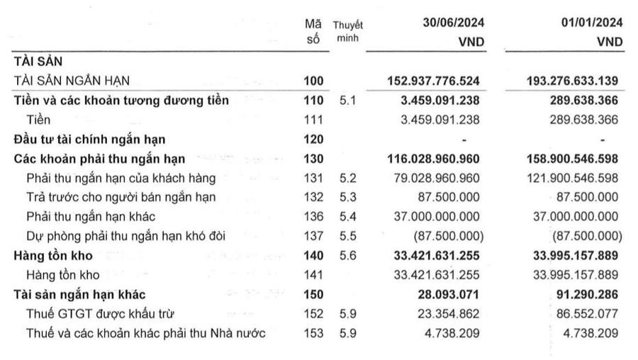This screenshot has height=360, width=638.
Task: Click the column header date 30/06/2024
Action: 450,23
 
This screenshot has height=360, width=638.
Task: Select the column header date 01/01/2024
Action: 592,23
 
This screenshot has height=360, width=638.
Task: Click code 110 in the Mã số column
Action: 313,101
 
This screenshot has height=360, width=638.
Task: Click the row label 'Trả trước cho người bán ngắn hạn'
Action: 121,196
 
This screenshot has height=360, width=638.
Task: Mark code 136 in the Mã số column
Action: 313,216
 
